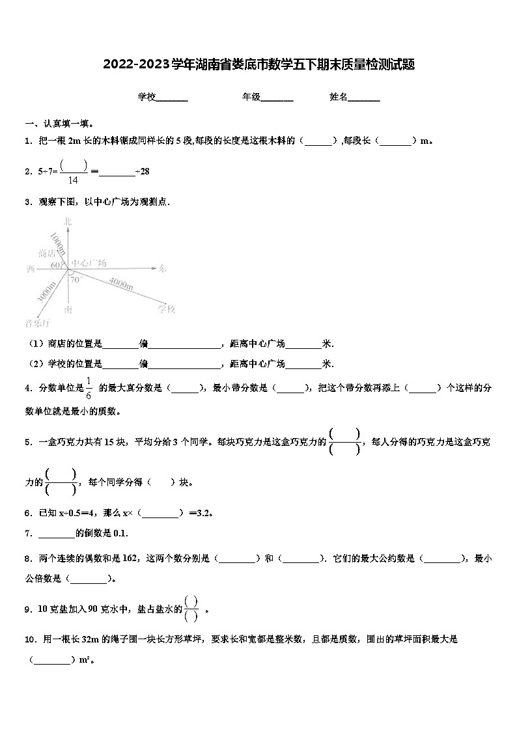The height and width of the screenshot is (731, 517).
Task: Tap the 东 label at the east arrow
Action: point(163,268)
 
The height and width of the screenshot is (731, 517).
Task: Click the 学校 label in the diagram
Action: point(167,309)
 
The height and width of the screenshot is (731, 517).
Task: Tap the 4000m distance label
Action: point(121,284)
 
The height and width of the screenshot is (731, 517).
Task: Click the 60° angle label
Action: point(55,266)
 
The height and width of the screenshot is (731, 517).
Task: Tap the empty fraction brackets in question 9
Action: point(191,609)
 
